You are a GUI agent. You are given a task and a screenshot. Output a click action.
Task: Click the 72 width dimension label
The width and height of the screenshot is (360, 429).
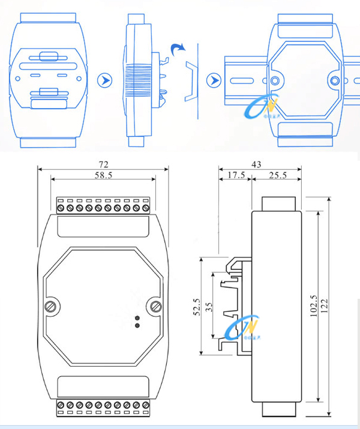click(103, 163)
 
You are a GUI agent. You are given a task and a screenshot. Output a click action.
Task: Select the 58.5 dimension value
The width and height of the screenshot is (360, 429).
click(103, 175)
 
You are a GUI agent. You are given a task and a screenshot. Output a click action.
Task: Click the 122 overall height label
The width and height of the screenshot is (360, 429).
click(325, 307)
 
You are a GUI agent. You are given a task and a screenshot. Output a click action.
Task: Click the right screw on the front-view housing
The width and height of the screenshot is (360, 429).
click(156, 307)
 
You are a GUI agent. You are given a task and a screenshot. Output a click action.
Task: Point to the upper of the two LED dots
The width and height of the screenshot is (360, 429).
click(138, 318)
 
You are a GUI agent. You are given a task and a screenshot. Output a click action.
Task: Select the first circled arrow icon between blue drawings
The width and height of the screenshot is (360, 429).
click(105, 80)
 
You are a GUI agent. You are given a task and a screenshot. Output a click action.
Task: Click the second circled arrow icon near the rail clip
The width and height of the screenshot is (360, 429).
click(212, 80)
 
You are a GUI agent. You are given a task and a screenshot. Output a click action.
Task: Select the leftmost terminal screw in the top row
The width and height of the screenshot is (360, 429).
click(61, 208)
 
